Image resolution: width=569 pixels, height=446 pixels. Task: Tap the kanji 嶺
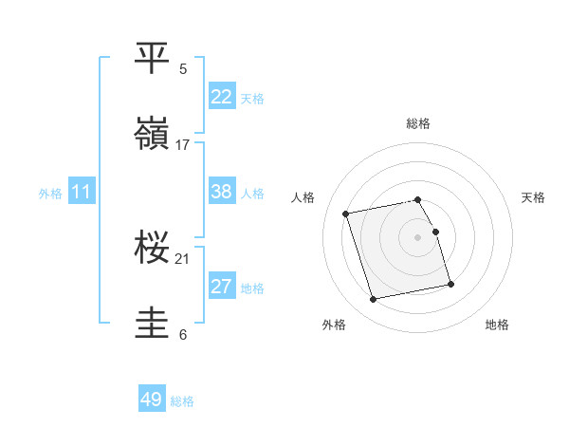coord(154,134)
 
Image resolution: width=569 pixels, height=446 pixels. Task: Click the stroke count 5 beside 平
coord(183,68)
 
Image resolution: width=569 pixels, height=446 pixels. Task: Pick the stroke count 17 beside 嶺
coord(183,145)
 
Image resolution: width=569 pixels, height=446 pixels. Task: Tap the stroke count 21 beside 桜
coord(183,258)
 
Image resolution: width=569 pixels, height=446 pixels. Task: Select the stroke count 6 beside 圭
coord(183,334)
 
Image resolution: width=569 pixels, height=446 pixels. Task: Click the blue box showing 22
coord(222,96)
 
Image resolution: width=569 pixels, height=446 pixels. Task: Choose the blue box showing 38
coord(222,192)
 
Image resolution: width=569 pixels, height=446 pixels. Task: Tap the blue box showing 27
coord(222,287)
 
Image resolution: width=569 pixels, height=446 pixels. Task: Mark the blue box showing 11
coord(82,192)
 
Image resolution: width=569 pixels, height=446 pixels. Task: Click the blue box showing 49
coord(152,400)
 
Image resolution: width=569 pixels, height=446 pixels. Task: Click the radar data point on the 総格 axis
coord(418,199)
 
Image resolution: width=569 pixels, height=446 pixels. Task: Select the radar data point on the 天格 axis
coord(436,232)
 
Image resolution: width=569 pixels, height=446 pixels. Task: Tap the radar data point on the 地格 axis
coord(450,283)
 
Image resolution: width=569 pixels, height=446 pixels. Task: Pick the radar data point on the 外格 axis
coord(374,299)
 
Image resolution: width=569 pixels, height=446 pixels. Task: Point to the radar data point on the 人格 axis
coord(346,214)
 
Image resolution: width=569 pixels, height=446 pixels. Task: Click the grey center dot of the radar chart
coord(418,237)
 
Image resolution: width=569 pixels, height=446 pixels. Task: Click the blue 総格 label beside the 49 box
coord(182,401)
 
